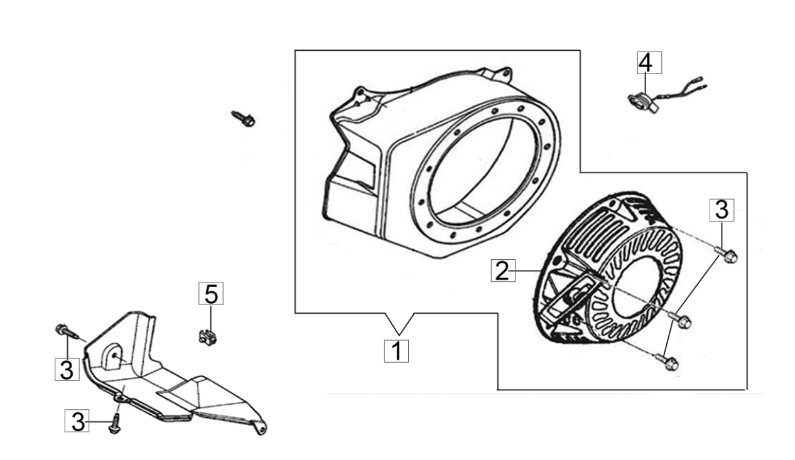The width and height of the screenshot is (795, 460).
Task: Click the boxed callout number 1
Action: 396,351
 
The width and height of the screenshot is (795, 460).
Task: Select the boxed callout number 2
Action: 503,270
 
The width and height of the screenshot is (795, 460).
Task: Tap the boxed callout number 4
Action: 649,62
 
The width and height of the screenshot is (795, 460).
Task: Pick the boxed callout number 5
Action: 211,293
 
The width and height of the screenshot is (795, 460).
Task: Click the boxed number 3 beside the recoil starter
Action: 722,210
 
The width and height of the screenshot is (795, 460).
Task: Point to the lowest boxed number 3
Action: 77,420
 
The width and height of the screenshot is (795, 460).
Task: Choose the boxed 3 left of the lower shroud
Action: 67,369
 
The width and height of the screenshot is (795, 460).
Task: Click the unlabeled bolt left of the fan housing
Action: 244,119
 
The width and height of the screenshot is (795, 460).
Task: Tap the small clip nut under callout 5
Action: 208,337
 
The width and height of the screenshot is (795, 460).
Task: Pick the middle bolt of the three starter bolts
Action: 679,320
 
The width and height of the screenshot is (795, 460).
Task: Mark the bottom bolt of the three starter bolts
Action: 667,362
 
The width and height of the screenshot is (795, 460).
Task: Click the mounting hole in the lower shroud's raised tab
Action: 114,356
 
